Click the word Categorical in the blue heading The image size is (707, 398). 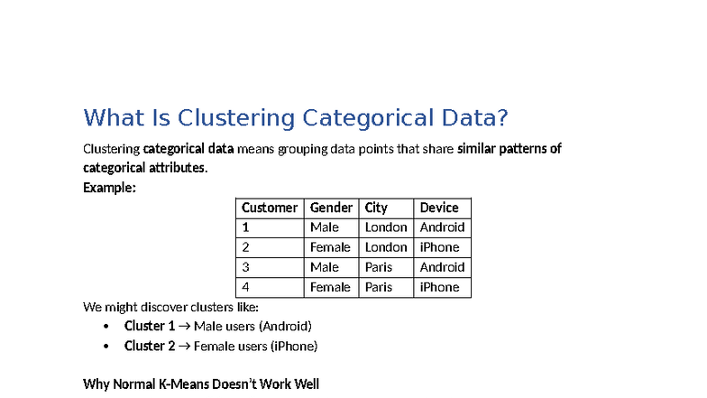pos(363,118)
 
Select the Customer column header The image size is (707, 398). pos(269,208)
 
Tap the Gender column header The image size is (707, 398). pos(331,208)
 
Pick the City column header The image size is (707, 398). pos(376,208)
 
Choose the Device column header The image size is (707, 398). pos(439,208)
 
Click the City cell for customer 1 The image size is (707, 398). pos(386,227)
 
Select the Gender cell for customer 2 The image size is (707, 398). pos(330,247)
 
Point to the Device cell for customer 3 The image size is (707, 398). pos(442,267)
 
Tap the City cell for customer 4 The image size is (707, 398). pos(379,287)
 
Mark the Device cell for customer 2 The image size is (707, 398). pos(439,247)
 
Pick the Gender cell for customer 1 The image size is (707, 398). pos(325,227)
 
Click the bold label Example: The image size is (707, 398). pos(109,188)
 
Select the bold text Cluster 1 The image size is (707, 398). pos(149,326)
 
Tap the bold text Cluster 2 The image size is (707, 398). pos(149,346)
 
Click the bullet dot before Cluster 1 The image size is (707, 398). pos(106,327)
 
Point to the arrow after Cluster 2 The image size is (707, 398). pos(185,346)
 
